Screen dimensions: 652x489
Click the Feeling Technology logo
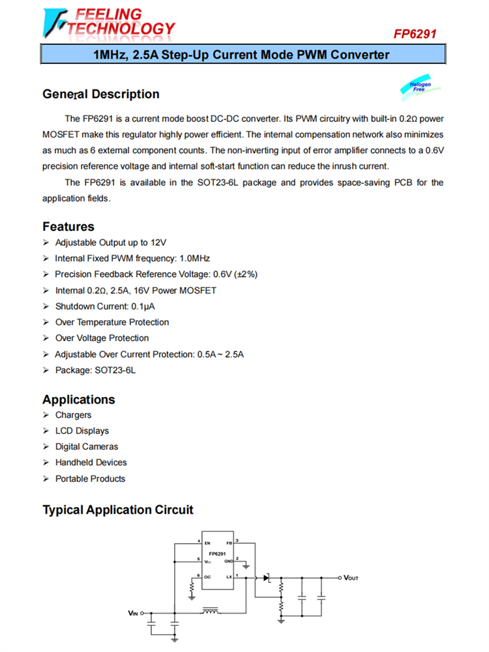108,22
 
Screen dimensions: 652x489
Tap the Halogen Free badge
420,87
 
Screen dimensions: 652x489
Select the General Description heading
100,94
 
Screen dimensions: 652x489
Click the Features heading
68,226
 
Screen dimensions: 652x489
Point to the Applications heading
78,400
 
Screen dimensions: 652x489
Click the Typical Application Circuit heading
118,509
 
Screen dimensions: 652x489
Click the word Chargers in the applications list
73,415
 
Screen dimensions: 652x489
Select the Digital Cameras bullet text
87,447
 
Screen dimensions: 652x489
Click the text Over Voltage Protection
102,338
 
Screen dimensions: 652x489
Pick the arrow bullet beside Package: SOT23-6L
46,370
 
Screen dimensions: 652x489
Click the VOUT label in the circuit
351,578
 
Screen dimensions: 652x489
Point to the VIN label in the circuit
132,614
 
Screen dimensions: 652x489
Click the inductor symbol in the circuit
211,612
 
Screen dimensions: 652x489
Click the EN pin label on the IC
207,542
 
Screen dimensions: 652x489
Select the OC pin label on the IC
207,577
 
